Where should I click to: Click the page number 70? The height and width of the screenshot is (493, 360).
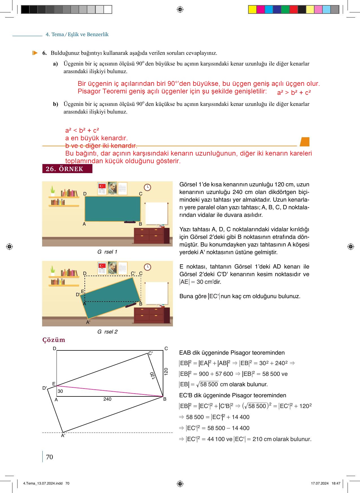click(49, 457)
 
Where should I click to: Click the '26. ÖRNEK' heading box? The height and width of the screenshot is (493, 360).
click(67, 169)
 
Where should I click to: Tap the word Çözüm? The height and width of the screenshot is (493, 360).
click(54, 340)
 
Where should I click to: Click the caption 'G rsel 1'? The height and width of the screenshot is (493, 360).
click(107, 252)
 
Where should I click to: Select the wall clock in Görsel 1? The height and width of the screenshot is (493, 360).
click(147, 187)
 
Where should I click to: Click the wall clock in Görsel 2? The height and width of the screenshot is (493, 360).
click(147, 267)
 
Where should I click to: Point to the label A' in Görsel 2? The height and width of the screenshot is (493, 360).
click(88, 322)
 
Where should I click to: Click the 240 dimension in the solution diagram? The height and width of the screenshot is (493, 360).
click(107, 399)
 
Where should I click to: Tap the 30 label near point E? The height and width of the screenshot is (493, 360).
click(60, 391)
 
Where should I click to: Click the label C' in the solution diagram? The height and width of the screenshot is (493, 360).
click(151, 353)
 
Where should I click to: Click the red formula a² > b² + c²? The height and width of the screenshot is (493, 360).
click(294, 93)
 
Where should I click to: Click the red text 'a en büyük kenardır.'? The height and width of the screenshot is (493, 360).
click(96, 138)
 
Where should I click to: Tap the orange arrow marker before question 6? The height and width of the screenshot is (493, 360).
click(35, 53)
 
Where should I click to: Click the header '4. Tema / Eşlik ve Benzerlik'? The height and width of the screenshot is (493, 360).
click(77, 34)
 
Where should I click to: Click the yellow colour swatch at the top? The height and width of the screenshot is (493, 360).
click(252, 10)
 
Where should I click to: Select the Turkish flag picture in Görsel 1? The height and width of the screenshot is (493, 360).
click(102, 186)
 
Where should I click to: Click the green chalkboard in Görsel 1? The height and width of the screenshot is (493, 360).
click(112, 209)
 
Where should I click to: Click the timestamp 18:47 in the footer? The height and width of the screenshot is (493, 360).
click(336, 483)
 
